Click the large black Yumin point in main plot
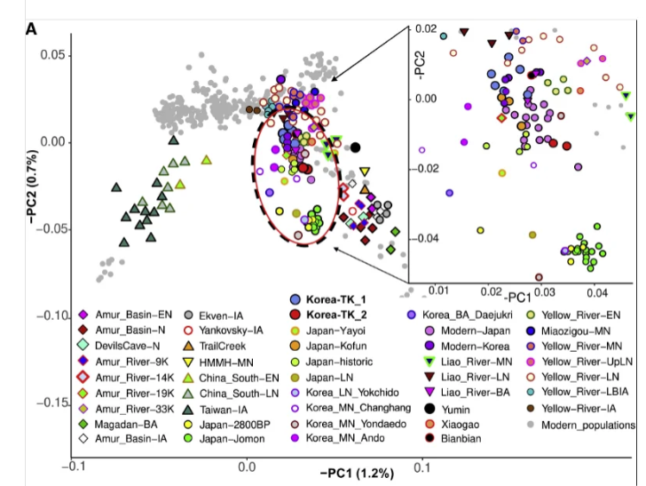[x=356, y=147]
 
